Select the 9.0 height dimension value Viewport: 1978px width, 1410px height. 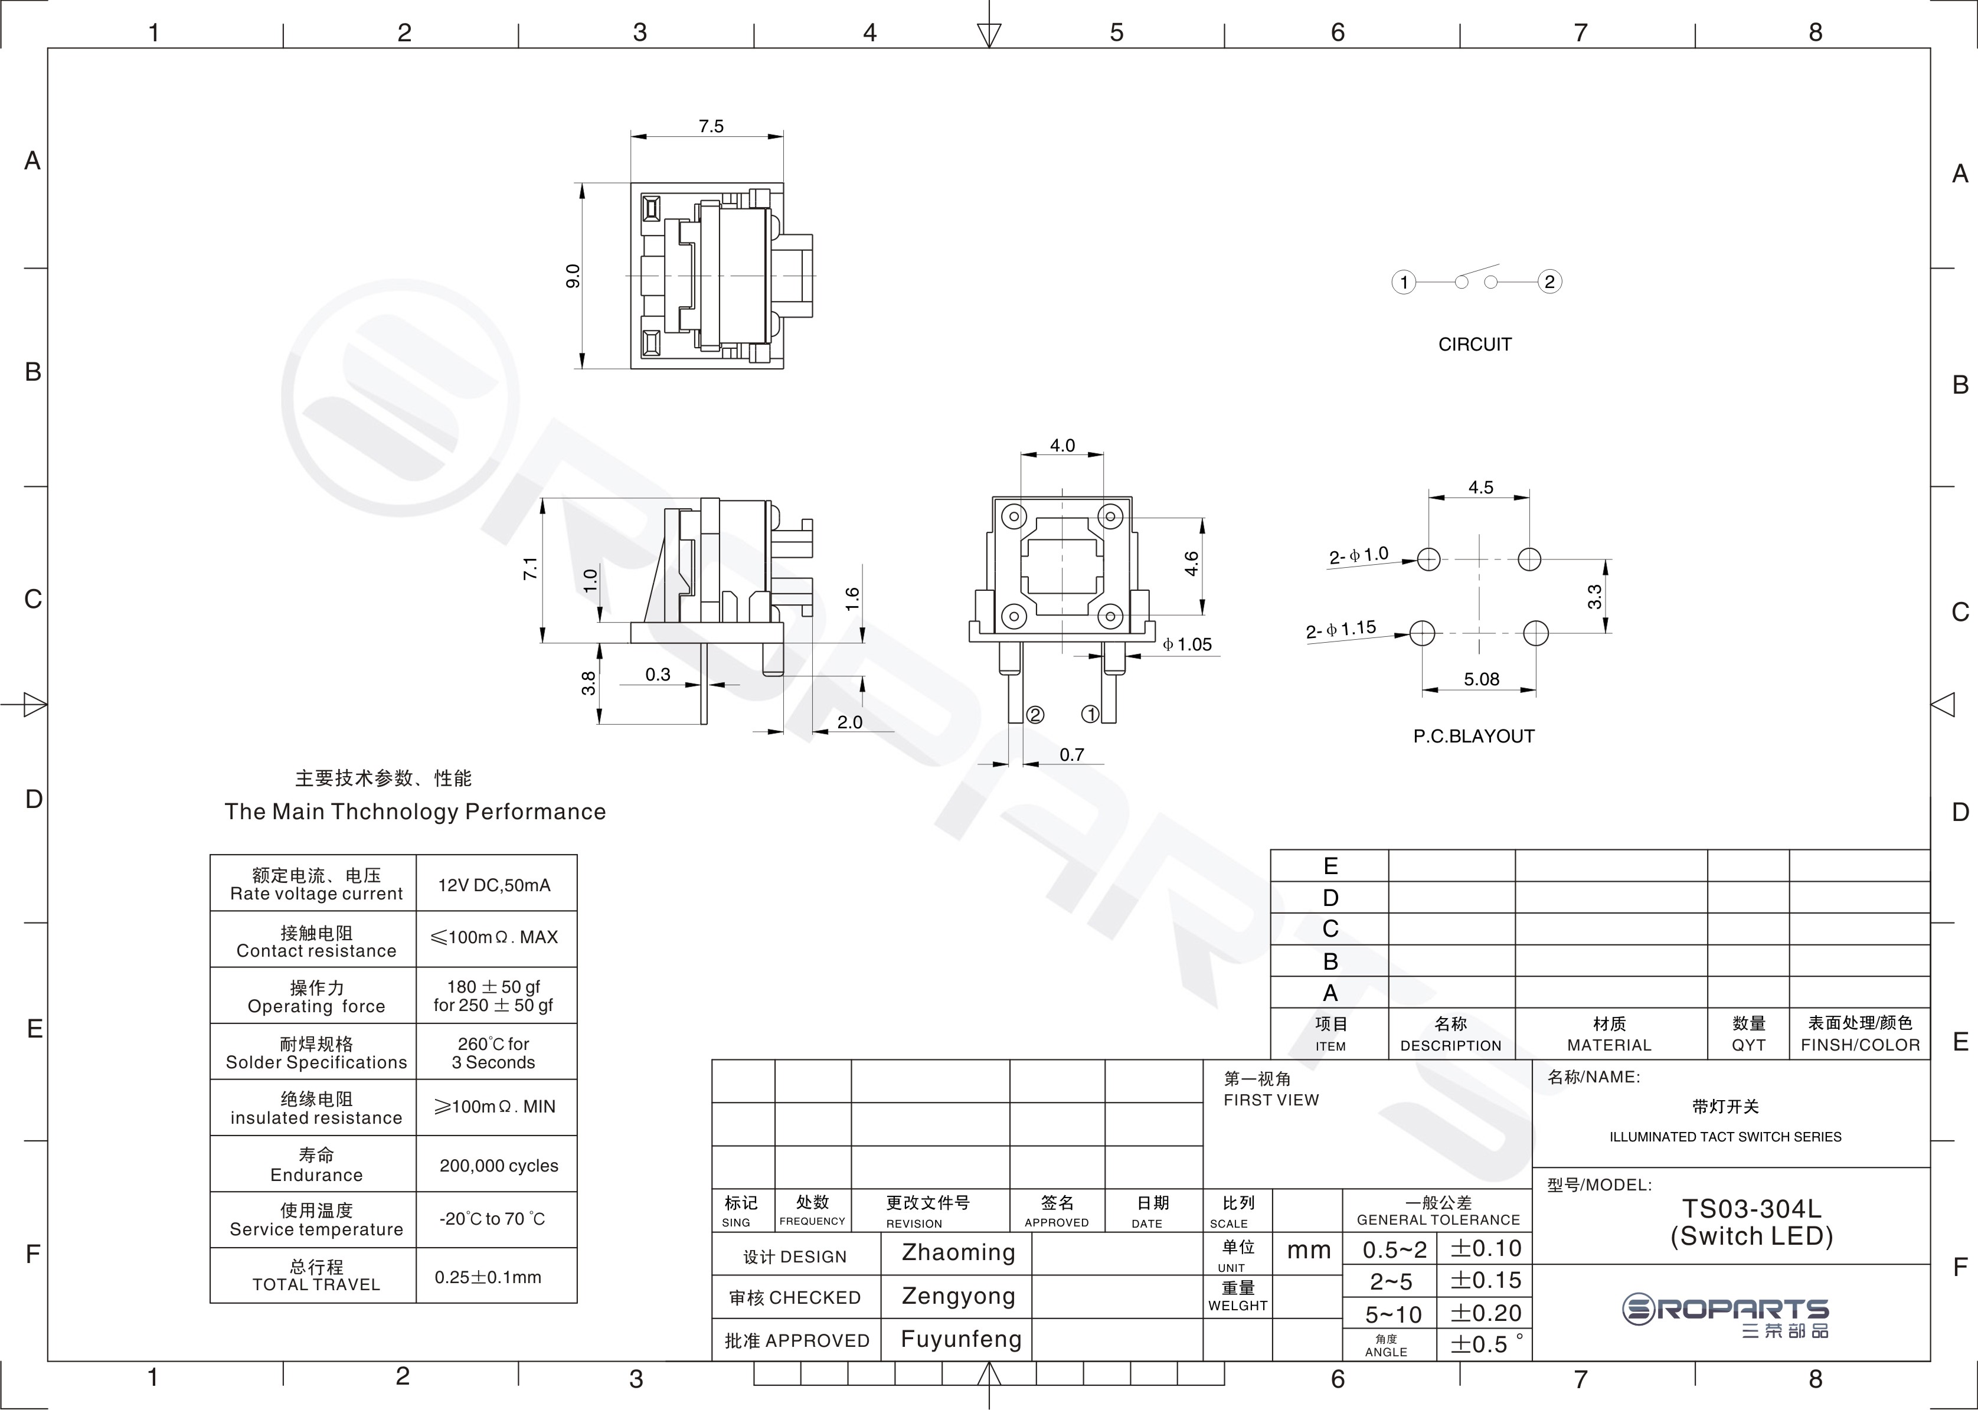(572, 276)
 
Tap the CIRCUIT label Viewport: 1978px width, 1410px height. (1474, 345)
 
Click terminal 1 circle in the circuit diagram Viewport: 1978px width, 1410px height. (1404, 282)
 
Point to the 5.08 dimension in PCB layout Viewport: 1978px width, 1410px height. (1482, 679)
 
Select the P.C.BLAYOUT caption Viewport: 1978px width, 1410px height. (1473, 736)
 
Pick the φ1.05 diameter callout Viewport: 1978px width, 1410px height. (1187, 645)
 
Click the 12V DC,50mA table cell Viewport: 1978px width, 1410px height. (494, 885)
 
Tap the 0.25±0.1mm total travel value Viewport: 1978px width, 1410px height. (488, 1277)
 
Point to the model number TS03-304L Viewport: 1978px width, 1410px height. (1751, 1209)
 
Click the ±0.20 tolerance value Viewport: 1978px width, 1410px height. (1486, 1313)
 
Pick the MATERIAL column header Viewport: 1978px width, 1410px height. (1609, 1045)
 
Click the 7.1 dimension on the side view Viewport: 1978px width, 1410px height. (529, 569)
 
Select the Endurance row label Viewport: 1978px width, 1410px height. (316, 1175)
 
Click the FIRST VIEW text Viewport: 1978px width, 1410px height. (1271, 1100)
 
